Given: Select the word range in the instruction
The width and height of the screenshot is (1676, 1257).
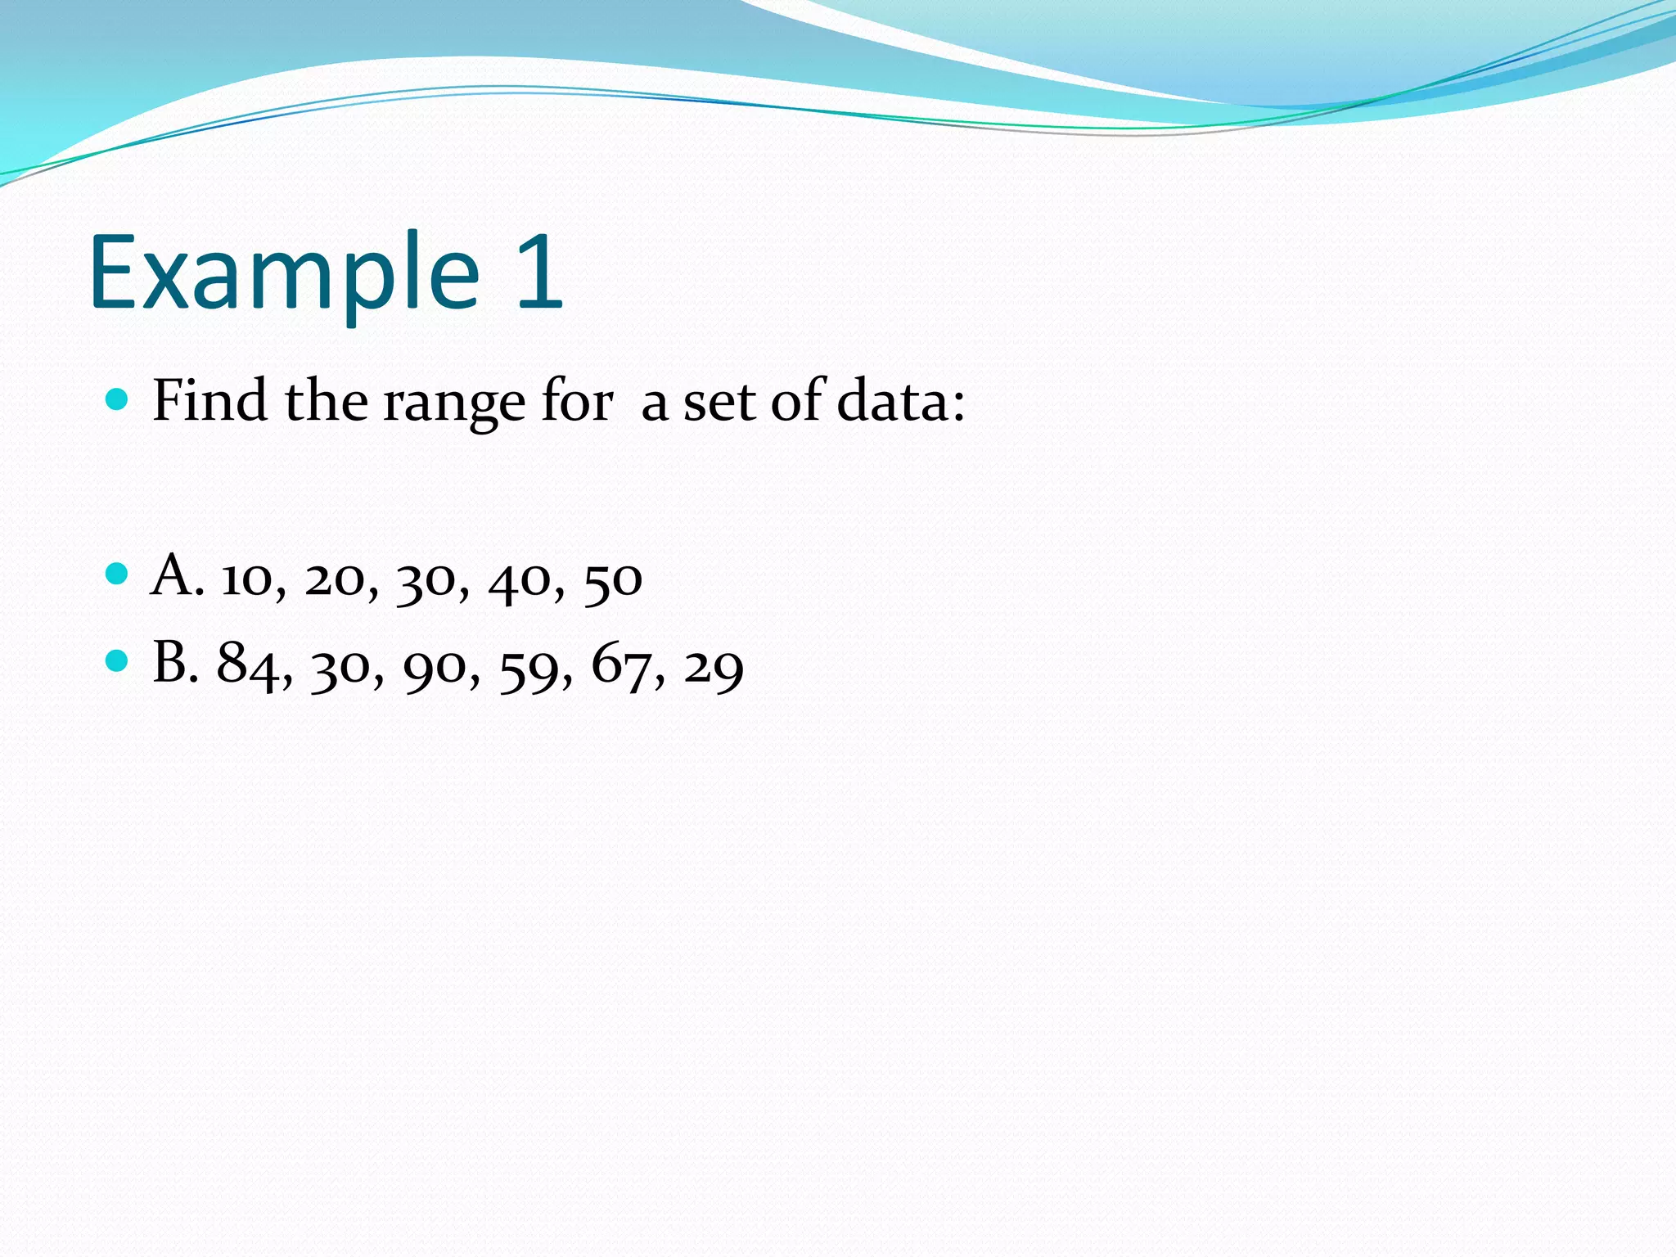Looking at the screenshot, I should coord(454,403).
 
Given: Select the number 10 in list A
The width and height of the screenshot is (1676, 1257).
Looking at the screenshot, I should coord(247,579).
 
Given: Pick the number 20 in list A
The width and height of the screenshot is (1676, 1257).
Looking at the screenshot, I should coord(335,579).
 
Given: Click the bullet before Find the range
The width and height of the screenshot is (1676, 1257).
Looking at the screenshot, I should coord(118,400).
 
